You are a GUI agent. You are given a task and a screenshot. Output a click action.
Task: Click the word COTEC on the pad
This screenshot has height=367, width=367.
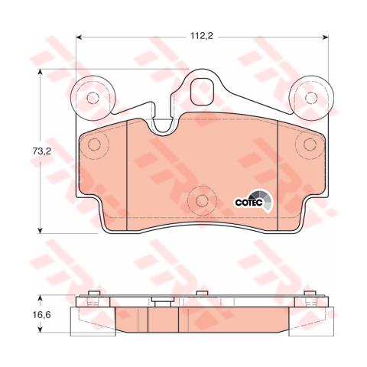click(x=247, y=201)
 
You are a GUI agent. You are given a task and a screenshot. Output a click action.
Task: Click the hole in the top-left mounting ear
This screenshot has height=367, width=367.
click(x=93, y=98)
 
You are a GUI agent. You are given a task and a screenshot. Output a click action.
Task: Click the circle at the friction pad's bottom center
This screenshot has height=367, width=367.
click(x=202, y=201)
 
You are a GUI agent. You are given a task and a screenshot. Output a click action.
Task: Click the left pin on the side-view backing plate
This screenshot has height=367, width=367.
click(x=93, y=297)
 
